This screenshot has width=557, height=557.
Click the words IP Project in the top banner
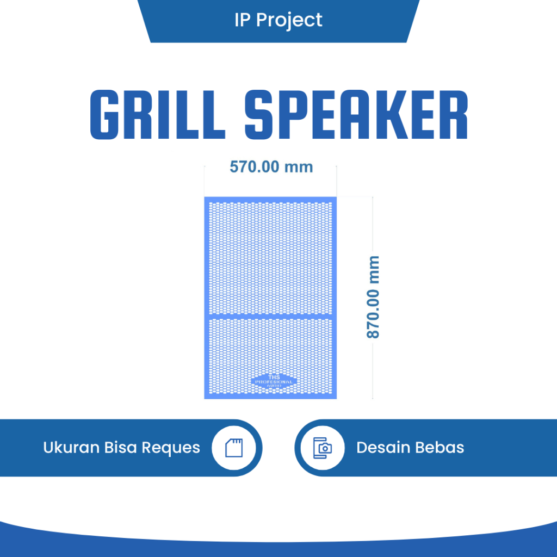(x=278, y=20)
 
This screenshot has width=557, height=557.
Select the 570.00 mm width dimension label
(x=271, y=166)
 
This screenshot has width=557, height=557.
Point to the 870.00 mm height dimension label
(x=373, y=297)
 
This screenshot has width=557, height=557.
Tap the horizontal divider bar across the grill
(x=270, y=315)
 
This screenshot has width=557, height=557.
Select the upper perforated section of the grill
(x=270, y=256)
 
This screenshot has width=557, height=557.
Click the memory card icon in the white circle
(x=237, y=448)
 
